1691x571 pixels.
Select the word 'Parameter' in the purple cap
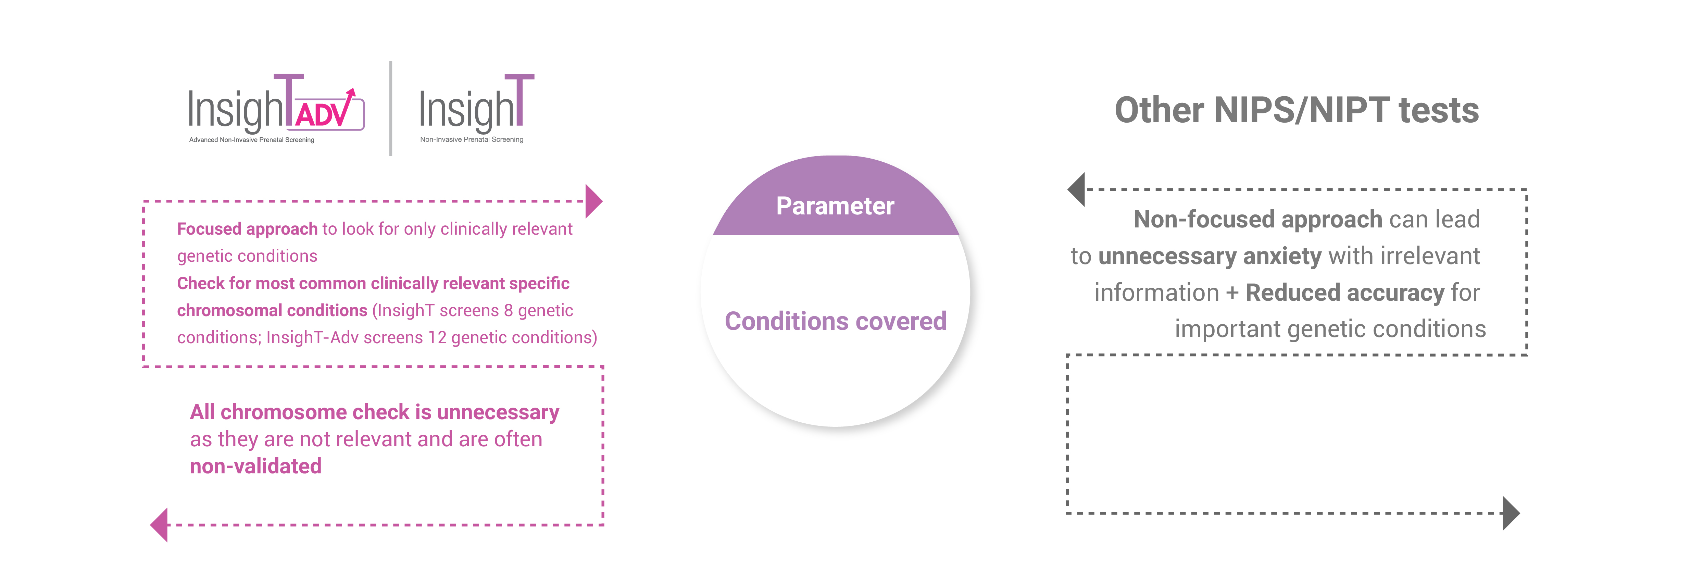(x=835, y=206)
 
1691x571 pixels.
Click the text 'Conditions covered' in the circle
(x=835, y=321)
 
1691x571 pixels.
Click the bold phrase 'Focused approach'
(x=247, y=229)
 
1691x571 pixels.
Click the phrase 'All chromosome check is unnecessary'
(x=374, y=412)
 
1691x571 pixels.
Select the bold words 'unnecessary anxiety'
(x=1209, y=256)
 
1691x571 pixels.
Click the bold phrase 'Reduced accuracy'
(x=1344, y=293)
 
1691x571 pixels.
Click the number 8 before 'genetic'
(x=508, y=310)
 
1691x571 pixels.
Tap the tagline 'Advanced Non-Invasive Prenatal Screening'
(x=251, y=140)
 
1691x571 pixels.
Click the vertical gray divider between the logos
(x=391, y=108)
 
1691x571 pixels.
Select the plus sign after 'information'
(x=1232, y=293)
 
